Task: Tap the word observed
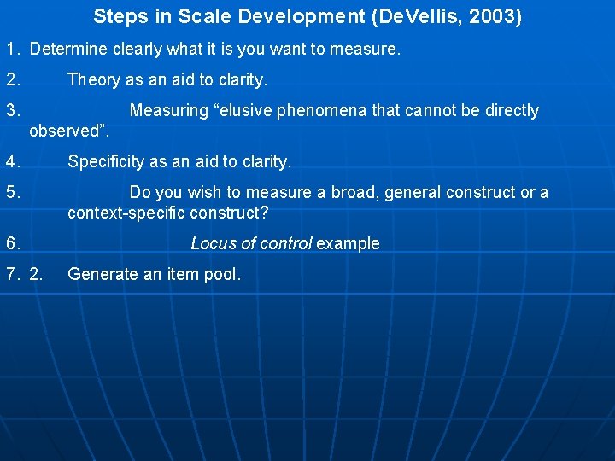point(64,131)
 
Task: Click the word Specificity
point(106,161)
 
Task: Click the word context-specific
point(127,213)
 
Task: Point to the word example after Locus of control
point(348,243)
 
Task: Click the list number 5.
point(12,193)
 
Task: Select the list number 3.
point(12,111)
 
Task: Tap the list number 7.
point(12,274)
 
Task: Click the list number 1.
point(12,50)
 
